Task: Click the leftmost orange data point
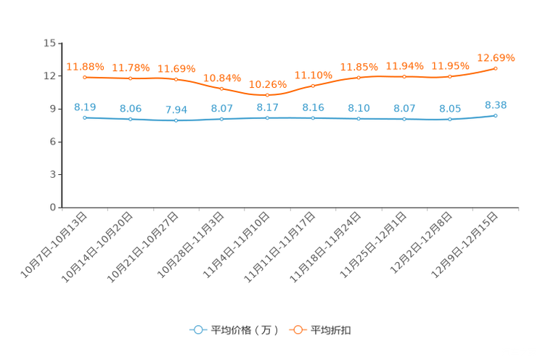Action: coord(85,77)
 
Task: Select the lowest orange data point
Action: coord(267,95)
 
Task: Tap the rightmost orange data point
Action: coord(496,68)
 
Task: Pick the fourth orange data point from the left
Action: coord(222,88)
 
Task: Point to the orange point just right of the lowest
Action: coord(313,85)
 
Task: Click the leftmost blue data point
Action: coord(85,118)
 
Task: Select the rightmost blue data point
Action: coord(496,115)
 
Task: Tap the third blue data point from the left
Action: coord(176,120)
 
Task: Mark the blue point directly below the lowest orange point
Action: coord(267,118)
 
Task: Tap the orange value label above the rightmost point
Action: coord(496,57)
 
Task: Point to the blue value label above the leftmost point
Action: coord(85,107)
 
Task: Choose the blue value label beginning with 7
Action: coord(176,110)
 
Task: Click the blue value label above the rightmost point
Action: coord(496,105)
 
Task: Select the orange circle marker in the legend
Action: coord(298,330)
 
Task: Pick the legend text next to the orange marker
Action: coord(331,330)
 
